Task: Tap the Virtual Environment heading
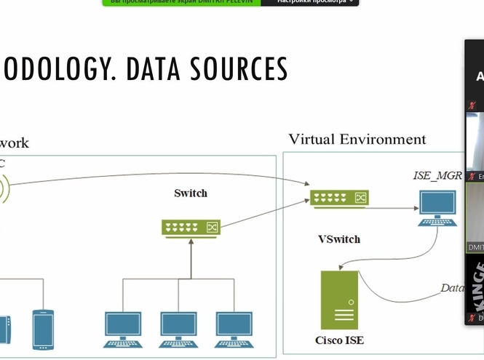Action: [357, 139]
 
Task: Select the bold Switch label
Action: [191, 193]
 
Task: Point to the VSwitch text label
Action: [339, 239]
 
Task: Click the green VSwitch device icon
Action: [339, 198]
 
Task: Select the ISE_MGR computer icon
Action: [437, 208]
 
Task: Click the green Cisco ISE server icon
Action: [340, 300]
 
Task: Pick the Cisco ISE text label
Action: [339, 340]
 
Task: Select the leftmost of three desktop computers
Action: [123, 329]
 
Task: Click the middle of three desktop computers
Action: [178, 329]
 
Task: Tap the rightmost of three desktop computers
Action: [234, 329]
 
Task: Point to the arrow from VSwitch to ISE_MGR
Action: [393, 207]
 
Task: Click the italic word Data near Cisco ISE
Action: [452, 288]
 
